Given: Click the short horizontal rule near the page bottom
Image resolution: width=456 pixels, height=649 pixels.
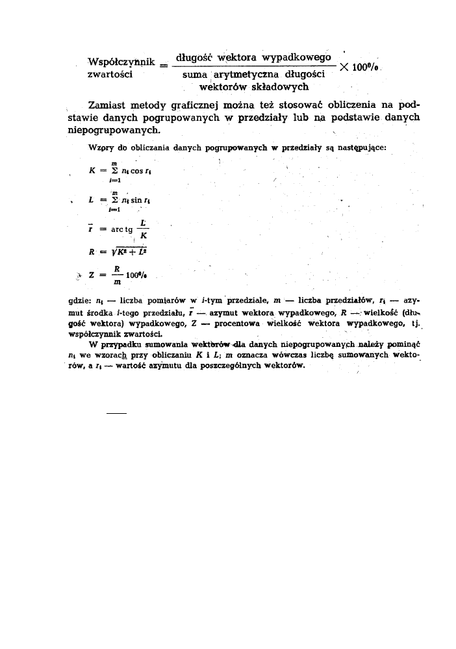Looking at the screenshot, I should tap(115, 412).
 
